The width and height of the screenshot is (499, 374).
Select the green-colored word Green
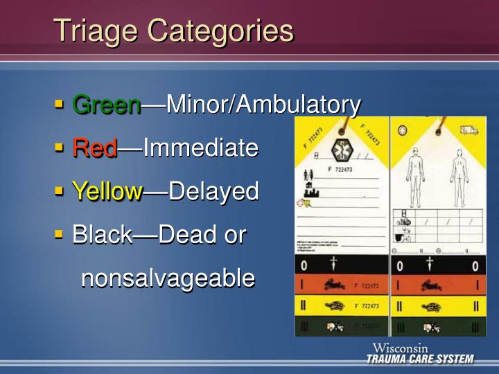point(107,105)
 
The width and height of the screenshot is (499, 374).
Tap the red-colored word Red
point(95,148)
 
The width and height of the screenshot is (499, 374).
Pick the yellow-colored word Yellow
point(107,191)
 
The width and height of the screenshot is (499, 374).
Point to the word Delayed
point(213,191)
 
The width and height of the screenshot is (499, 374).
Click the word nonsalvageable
point(168,278)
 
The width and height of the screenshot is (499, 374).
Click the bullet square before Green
point(60,105)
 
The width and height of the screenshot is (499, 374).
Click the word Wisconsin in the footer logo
point(400,348)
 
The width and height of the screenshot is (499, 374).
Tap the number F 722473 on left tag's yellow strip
point(367,305)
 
